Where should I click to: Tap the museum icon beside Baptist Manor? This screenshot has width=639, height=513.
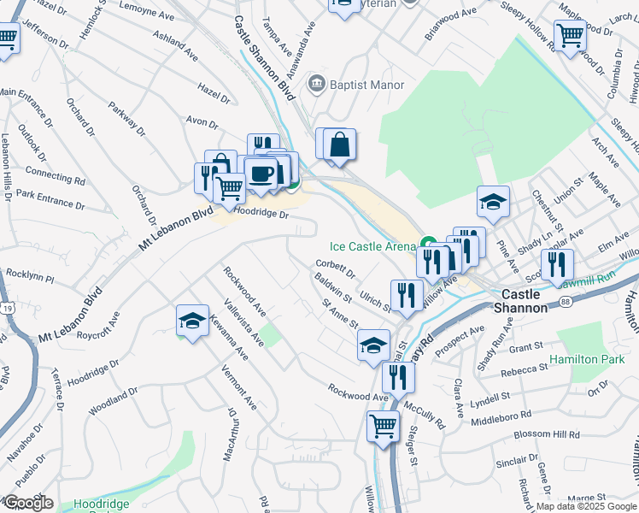[318, 83]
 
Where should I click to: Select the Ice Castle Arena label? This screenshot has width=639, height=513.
[372, 246]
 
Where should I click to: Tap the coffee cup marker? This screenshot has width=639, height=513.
[262, 174]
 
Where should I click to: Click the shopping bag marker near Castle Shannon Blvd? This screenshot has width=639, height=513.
[339, 144]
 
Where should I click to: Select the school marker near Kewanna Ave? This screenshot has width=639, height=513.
[192, 321]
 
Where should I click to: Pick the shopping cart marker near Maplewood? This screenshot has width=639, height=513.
[570, 36]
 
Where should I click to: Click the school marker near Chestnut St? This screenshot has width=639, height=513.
[493, 203]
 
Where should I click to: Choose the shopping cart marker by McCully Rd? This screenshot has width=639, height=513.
[384, 425]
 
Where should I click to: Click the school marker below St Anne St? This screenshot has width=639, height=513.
[373, 346]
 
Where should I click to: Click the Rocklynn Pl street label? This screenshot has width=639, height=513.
[29, 280]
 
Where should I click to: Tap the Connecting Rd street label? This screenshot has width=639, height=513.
[56, 177]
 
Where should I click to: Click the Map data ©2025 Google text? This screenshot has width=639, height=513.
[586, 506]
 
